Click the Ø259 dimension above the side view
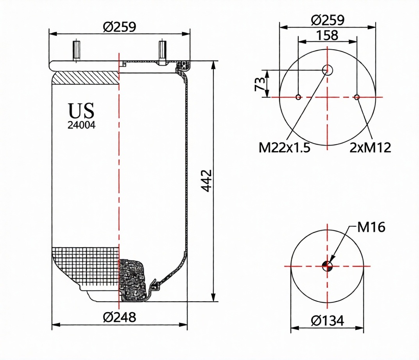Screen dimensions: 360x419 coord(120,27)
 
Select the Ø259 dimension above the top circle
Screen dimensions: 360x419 coord(328,20)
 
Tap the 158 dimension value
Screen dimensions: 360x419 coord(328,35)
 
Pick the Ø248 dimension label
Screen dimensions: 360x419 coord(120,317)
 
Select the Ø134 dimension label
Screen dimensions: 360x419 coord(328,321)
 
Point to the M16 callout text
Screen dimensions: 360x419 coord(371,227)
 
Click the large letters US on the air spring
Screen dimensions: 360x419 coord(81,111)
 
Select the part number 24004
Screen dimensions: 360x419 coord(81,126)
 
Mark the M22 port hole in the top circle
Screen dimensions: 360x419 coord(327,70)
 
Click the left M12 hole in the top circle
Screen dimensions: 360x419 coord(298,97)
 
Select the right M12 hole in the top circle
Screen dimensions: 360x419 coord(356,97)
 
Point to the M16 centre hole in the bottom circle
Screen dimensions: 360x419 coord(327,266)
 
